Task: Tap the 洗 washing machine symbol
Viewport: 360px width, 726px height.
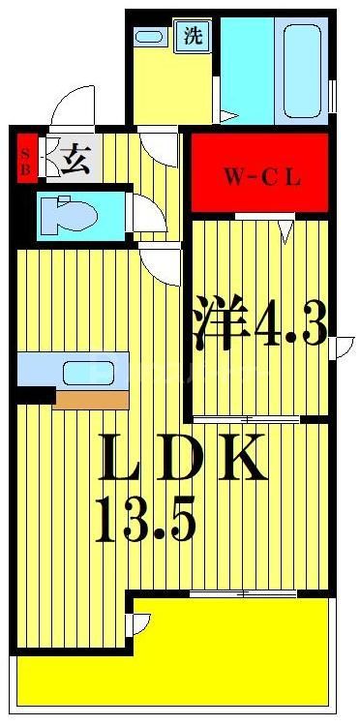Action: pyautogui.click(x=194, y=37)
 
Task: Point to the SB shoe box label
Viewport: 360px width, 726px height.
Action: pyautogui.click(x=26, y=157)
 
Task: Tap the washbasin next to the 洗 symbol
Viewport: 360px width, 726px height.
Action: pyautogui.click(x=150, y=36)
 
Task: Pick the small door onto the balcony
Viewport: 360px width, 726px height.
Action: pyautogui.click(x=141, y=624)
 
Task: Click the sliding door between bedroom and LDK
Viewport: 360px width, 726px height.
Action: pyautogui.click(x=247, y=419)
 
